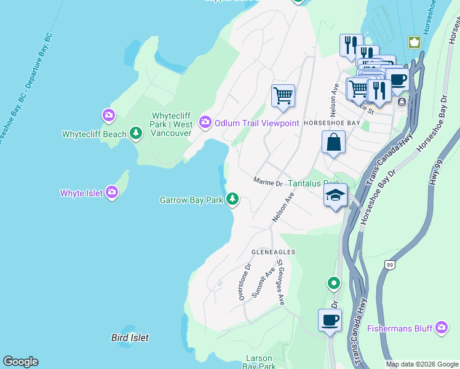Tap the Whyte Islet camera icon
pos(111,192)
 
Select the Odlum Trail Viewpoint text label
pos(256,122)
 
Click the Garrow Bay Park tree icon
pos(232,199)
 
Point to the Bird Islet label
pos(130,338)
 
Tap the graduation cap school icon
pos(336,195)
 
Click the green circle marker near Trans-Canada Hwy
pos(333,283)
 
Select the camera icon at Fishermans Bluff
pos(441,328)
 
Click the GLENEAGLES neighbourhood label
pos(274,252)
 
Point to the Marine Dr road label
pos(268,183)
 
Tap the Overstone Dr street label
pos(244,282)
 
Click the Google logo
pos(20,362)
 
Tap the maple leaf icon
pos(414,42)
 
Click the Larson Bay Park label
pos(259,362)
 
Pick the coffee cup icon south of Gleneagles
pos(330,320)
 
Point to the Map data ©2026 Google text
pos(421,364)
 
